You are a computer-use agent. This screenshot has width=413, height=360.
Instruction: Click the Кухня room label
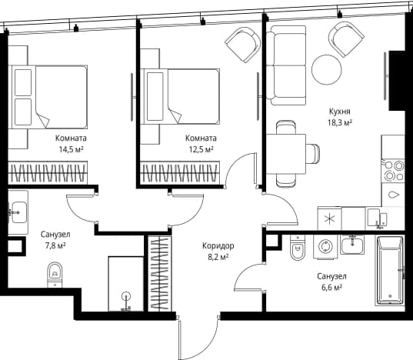click(x=340, y=112)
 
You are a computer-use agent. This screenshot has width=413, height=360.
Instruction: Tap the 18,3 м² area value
click(x=340, y=123)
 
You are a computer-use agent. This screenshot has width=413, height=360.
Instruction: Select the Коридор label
click(x=218, y=246)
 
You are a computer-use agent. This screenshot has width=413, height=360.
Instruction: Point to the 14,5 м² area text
click(x=71, y=149)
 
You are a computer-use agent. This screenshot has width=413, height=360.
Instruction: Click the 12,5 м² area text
click(x=201, y=149)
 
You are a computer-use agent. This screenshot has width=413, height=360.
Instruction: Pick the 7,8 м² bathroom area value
click(x=55, y=245)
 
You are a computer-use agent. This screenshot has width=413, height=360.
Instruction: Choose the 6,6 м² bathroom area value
click(x=331, y=288)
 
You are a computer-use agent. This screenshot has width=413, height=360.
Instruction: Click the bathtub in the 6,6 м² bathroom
click(x=390, y=271)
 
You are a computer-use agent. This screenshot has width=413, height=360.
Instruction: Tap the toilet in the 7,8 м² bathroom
click(x=55, y=275)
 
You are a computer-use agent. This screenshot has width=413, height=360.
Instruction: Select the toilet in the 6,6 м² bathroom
click(x=298, y=248)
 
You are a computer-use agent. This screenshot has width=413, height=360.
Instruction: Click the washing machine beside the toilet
click(x=326, y=246)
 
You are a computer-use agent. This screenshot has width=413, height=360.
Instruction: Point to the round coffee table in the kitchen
click(x=327, y=69)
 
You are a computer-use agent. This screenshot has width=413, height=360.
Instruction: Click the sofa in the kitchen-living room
click(x=286, y=65)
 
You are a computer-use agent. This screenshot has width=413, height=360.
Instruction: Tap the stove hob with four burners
click(x=393, y=171)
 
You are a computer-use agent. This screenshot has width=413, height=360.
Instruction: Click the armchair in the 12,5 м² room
click(x=243, y=45)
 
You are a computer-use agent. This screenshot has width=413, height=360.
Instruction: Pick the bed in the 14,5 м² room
click(x=48, y=97)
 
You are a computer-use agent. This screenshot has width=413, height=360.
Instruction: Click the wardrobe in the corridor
click(x=160, y=274)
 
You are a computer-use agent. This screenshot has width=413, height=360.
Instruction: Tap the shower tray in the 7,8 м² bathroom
click(x=126, y=284)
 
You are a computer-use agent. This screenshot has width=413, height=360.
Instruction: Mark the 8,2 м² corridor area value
click(x=218, y=257)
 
